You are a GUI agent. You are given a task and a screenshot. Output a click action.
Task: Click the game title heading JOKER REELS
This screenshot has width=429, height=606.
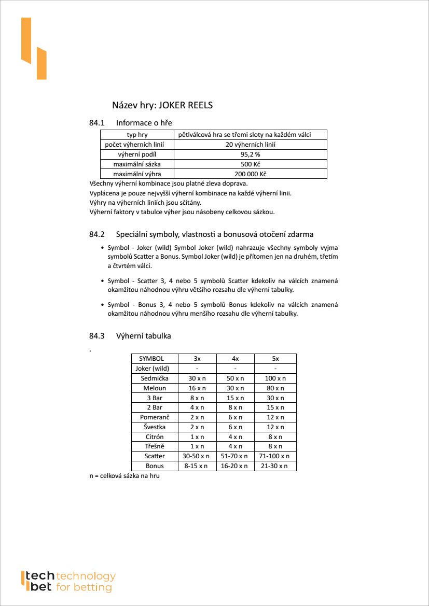[162, 105]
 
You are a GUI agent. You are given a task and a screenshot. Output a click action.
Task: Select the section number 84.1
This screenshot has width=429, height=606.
[97, 123]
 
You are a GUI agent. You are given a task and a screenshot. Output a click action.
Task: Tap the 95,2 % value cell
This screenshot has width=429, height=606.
[250, 154]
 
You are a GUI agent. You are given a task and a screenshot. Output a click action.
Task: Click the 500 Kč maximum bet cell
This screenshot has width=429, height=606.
[250, 164]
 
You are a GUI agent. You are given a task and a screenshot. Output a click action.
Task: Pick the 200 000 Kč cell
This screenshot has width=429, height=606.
[250, 174]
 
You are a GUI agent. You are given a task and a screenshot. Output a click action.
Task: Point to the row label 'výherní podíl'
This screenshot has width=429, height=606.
[137, 154]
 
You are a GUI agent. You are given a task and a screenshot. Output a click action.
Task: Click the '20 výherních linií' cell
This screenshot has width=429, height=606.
[250, 145]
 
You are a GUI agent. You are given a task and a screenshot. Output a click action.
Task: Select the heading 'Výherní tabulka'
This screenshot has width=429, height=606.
[143, 336]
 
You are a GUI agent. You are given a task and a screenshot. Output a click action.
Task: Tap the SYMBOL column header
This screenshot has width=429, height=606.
[151, 359]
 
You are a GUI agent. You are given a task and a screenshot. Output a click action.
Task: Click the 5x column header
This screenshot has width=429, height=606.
[275, 359]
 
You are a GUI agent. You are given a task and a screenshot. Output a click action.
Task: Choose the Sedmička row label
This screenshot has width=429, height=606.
[155, 378]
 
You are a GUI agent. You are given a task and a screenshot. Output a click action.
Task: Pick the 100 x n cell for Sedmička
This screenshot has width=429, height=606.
[275, 378]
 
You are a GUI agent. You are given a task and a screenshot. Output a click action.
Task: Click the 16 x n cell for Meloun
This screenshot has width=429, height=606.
[197, 388]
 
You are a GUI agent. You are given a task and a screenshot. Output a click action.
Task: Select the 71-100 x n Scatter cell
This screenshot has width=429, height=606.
[275, 456]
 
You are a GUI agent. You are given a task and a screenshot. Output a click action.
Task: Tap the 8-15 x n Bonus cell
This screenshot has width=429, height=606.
[197, 466]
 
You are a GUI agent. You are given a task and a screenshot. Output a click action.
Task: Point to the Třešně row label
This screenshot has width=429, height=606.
[155, 446]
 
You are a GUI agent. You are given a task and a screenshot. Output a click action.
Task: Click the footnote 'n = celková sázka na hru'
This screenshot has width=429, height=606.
[124, 476]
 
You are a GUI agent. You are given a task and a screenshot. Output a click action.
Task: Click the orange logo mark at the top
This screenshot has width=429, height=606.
[34, 49]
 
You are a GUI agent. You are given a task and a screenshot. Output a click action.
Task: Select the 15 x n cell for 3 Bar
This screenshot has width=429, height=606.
[236, 398]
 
